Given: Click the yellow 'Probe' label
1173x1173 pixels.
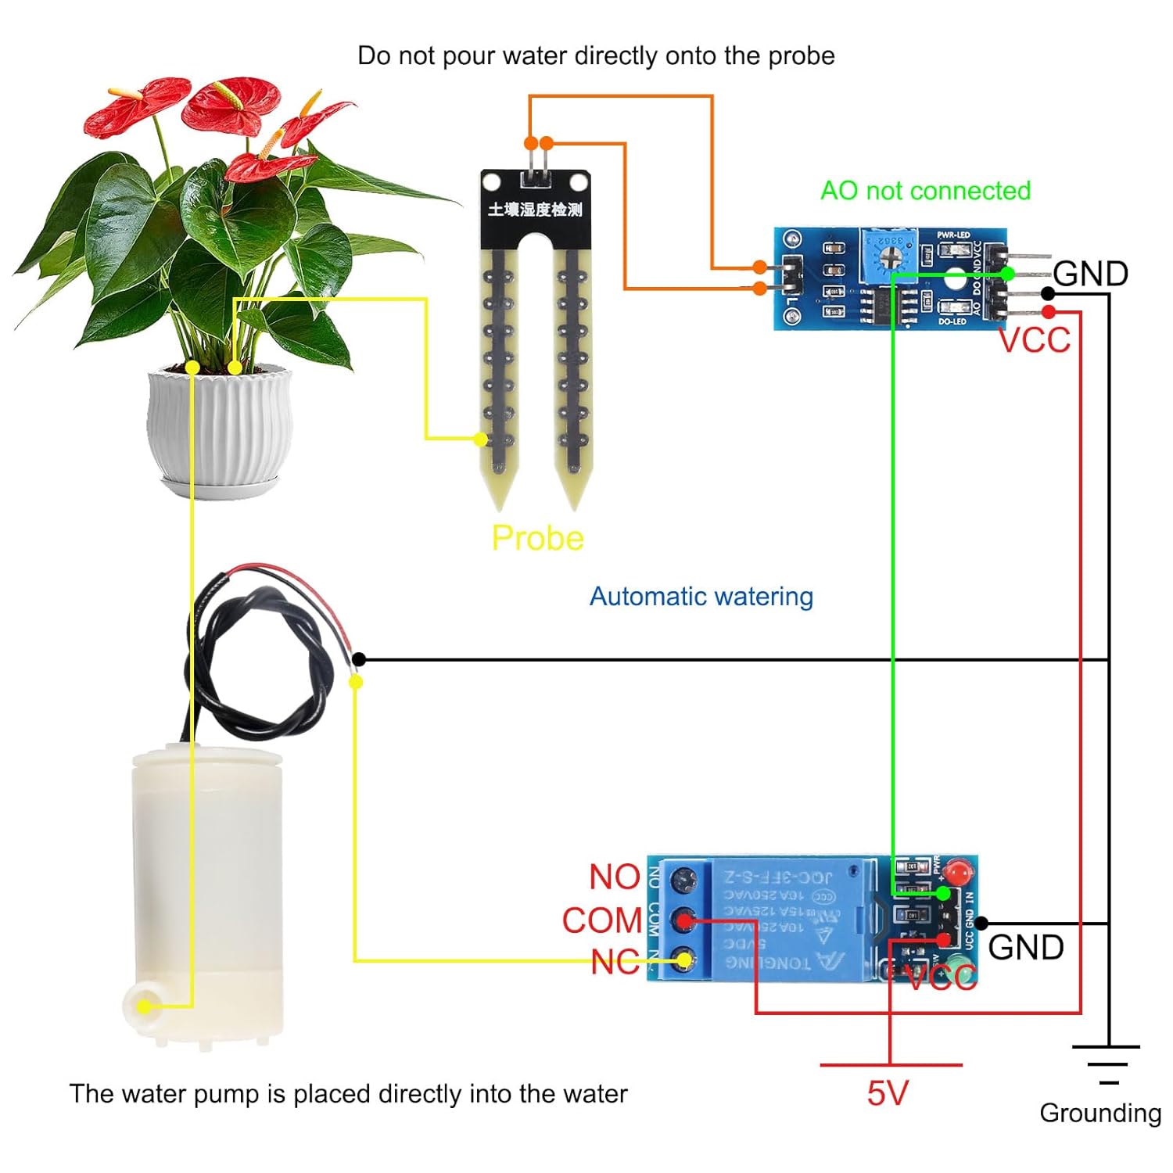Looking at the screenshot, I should pyautogui.click(x=537, y=538).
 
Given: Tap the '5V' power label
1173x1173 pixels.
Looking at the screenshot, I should pyautogui.click(x=887, y=1093).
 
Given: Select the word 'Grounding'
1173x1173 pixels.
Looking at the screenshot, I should pyautogui.click(x=1099, y=1113).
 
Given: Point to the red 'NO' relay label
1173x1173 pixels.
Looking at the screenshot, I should pyautogui.click(x=614, y=877).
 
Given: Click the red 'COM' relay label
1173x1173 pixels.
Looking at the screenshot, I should pyautogui.click(x=601, y=920).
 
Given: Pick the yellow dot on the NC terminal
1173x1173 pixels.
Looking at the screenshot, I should pyautogui.click(x=683, y=960).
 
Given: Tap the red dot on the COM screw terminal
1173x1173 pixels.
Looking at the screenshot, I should pyautogui.click(x=685, y=921).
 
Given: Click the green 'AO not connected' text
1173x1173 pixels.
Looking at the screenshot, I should pyautogui.click(x=925, y=191).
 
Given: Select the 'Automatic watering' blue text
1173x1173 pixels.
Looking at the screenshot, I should pyautogui.click(x=701, y=597).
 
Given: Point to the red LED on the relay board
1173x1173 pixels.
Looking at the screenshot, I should pyautogui.click(x=956, y=871).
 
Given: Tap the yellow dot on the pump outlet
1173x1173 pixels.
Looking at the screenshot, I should pyautogui.click(x=144, y=1006).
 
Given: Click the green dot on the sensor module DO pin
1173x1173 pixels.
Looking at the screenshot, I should pyautogui.click(x=1007, y=274).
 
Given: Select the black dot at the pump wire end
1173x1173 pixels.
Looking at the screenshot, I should pyautogui.click(x=358, y=660).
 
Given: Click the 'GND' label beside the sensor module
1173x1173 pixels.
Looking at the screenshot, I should pyautogui.click(x=1090, y=274).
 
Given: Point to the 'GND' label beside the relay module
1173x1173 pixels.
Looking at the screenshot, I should pyautogui.click(x=1025, y=947).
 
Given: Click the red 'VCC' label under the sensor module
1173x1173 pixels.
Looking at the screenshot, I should pyautogui.click(x=1034, y=340).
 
